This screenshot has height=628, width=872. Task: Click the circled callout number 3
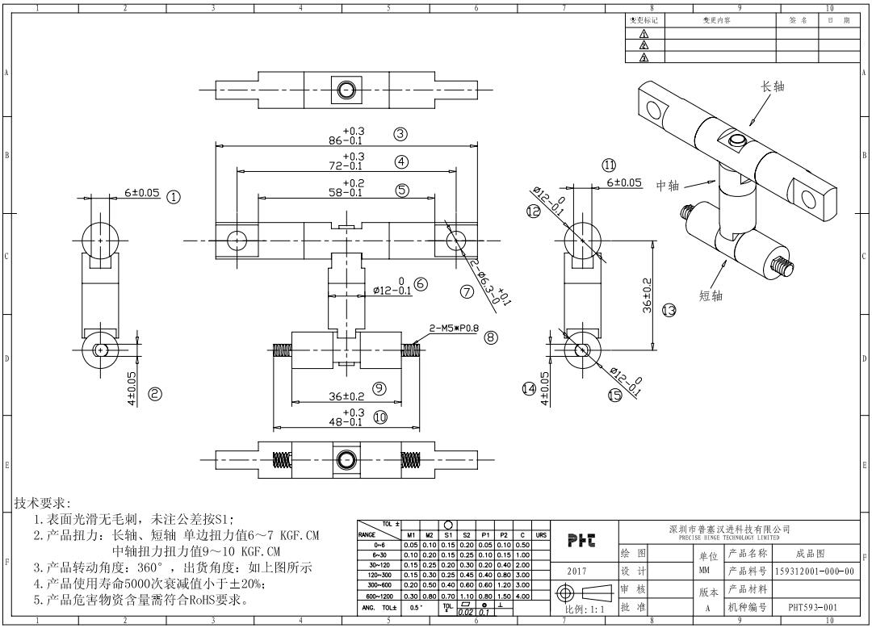[x=400, y=134]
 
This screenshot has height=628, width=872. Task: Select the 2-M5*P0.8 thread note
[x=455, y=329]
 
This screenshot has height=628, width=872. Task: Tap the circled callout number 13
[x=669, y=310]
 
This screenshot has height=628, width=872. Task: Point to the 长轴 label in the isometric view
[x=773, y=86]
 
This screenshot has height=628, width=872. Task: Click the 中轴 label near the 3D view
[x=668, y=186]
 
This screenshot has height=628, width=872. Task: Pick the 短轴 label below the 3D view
[x=711, y=295]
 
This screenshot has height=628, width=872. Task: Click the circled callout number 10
[x=380, y=417]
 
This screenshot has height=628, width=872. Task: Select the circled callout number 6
[x=421, y=284]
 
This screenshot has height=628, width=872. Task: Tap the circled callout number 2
[x=155, y=394]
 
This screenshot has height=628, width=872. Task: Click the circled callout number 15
[x=615, y=395]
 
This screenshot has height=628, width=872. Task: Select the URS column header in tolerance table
[x=542, y=534]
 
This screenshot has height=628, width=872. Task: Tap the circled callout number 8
[x=492, y=337]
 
